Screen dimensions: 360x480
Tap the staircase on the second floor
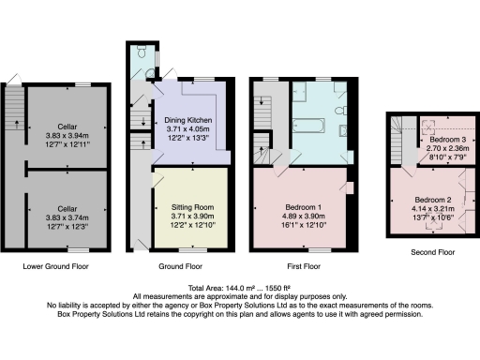[x=400, y=141]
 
